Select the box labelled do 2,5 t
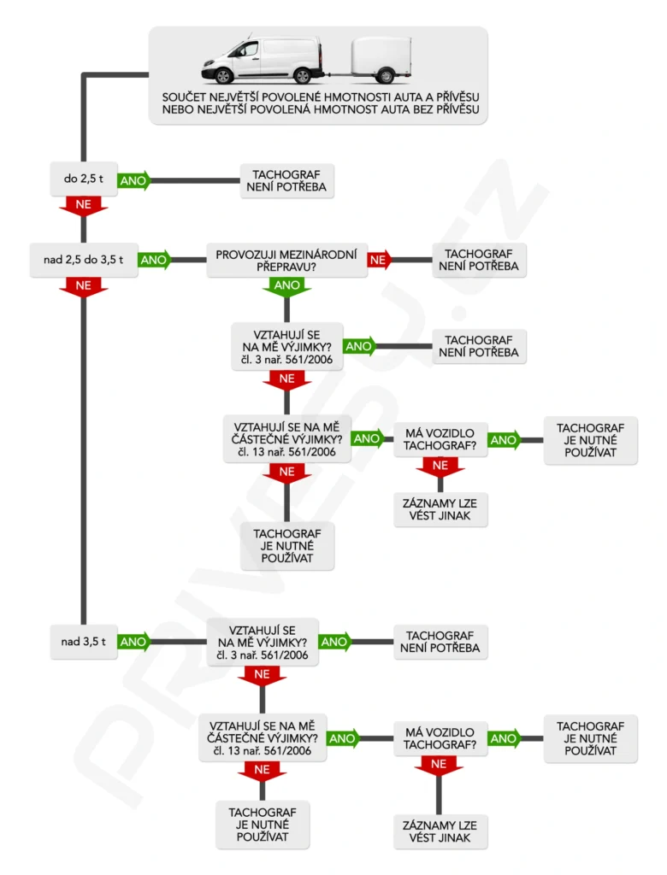[82, 180]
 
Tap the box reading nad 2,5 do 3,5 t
[82, 260]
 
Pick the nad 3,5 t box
[82, 642]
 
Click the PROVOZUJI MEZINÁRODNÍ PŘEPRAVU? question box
[286, 260]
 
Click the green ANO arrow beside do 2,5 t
[133, 180]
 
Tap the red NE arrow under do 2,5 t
[83, 206]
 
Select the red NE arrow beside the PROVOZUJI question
[380, 260]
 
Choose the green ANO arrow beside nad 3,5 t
[133, 642]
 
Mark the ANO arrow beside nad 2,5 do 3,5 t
[154, 260]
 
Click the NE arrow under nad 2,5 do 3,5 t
[83, 286]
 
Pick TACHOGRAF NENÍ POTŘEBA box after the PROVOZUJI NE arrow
[477, 260]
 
